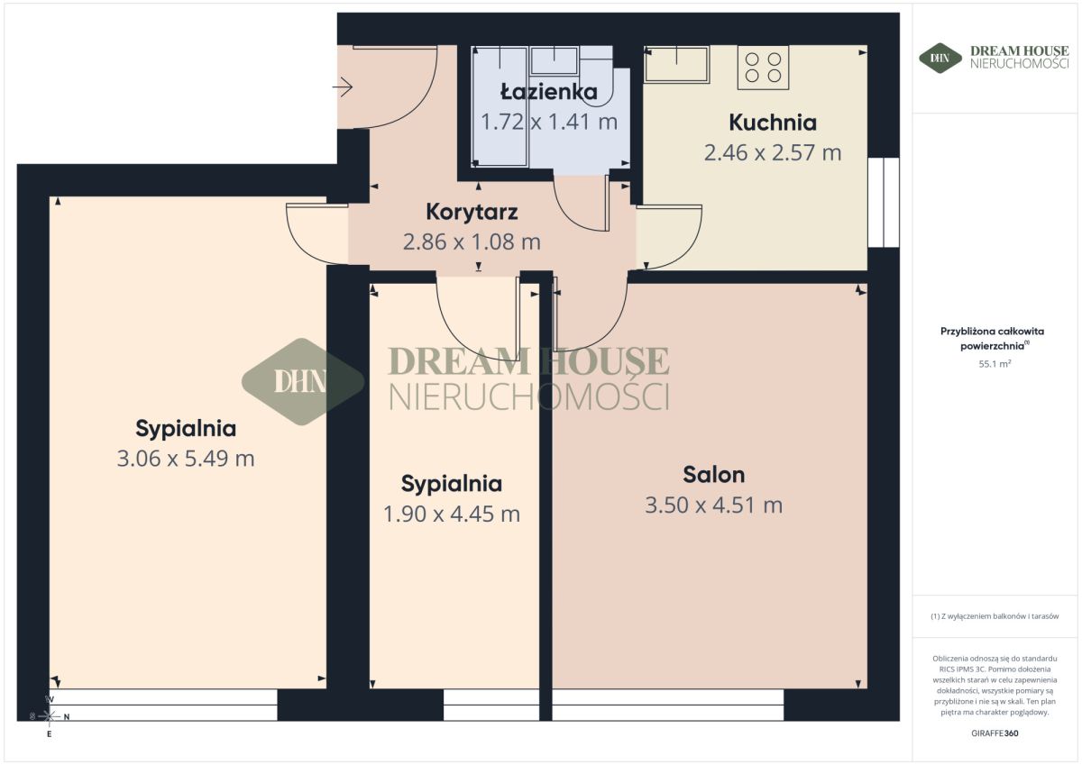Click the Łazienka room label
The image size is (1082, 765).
click(x=549, y=92)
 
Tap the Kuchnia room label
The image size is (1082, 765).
click(x=773, y=123)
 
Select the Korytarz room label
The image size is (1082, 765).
click(x=472, y=213)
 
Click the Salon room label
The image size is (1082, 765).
click(x=713, y=475)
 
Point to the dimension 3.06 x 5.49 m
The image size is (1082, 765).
click(x=186, y=459)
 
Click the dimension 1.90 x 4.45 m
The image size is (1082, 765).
click(x=451, y=514)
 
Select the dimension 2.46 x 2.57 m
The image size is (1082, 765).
click(x=773, y=152)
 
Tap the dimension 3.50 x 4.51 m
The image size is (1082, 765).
click(x=713, y=505)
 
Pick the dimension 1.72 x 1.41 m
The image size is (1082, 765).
click(x=549, y=122)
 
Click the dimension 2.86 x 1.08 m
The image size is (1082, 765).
click(x=472, y=242)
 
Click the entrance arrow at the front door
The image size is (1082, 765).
click(x=343, y=87)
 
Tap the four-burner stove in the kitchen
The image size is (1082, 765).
click(x=763, y=68)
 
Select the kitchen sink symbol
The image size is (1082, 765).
click(x=677, y=64)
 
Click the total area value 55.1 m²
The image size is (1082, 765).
click(x=995, y=364)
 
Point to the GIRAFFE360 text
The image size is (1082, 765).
click(x=995, y=733)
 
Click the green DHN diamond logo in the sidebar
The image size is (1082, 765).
click(x=940, y=59)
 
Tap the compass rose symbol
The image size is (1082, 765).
click(x=49, y=716)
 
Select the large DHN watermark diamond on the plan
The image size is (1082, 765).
click(x=303, y=381)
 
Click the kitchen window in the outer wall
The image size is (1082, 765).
click(x=884, y=202)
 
